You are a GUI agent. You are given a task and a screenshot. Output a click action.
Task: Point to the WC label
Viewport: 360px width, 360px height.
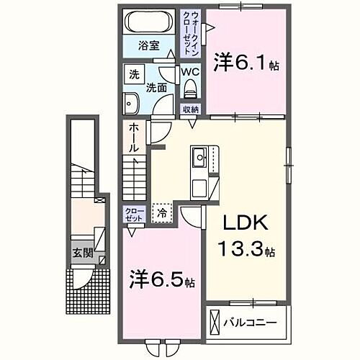click(x=189, y=72)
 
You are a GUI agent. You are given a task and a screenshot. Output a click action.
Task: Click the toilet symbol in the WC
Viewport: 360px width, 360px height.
click(x=191, y=89)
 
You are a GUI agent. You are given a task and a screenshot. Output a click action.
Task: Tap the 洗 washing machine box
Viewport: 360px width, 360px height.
click(x=134, y=73)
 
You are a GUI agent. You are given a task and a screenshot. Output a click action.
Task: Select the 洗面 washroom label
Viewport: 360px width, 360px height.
click(x=157, y=87)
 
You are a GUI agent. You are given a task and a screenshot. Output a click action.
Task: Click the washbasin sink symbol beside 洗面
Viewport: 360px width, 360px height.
click(x=130, y=102)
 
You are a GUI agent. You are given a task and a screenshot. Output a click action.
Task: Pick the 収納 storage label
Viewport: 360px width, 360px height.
click(x=190, y=109)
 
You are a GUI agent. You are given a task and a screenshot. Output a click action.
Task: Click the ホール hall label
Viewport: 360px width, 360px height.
click(x=135, y=137)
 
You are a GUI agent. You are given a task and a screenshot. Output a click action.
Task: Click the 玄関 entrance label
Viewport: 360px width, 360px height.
click(x=81, y=253)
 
